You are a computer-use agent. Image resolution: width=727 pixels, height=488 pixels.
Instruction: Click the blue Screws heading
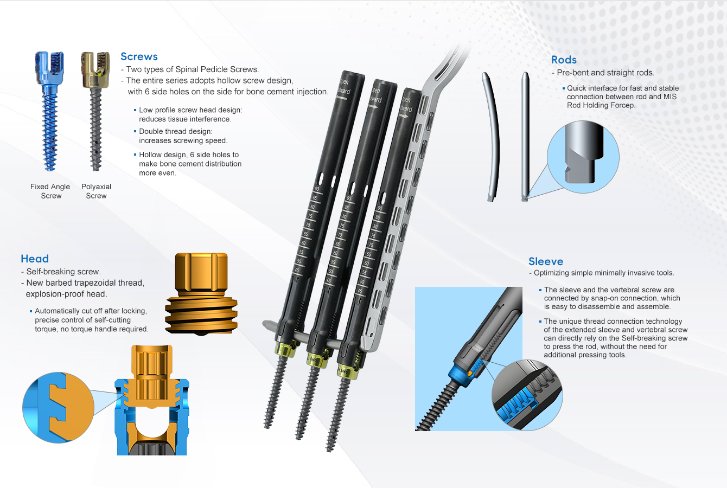click(139, 56)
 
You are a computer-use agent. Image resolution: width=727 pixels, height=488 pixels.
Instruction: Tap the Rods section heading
click(564, 60)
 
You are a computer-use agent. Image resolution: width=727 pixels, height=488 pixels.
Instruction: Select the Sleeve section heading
click(546, 261)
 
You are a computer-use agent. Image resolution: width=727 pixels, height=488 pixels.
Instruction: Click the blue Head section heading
click(35, 259)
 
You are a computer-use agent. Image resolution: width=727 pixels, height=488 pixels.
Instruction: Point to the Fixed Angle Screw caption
click(50, 191)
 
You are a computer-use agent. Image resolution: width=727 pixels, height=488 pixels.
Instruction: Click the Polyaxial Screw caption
click(96, 191)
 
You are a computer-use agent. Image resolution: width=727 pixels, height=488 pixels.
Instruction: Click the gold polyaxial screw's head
click(95, 69)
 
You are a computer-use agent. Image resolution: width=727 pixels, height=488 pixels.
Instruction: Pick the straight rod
click(525, 136)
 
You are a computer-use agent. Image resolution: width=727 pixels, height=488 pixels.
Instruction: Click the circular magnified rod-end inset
click(583, 157)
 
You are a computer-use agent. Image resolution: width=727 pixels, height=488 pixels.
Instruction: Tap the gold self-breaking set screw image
click(201, 294)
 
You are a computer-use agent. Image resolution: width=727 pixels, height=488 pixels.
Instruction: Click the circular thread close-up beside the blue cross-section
click(58, 408)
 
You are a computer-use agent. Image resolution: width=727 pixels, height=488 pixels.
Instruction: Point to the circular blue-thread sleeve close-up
click(527, 395)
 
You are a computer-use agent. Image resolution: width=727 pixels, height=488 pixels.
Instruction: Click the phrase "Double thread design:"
click(176, 131)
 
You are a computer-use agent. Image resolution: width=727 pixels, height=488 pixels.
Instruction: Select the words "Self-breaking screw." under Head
click(63, 272)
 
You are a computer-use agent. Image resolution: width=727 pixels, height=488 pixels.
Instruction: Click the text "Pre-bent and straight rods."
click(605, 73)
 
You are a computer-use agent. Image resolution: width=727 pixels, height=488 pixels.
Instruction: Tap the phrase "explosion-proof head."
click(67, 294)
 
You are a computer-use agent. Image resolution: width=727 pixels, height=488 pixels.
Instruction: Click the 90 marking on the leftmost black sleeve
click(317, 189)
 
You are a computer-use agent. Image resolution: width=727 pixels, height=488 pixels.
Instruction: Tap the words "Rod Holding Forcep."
click(601, 105)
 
